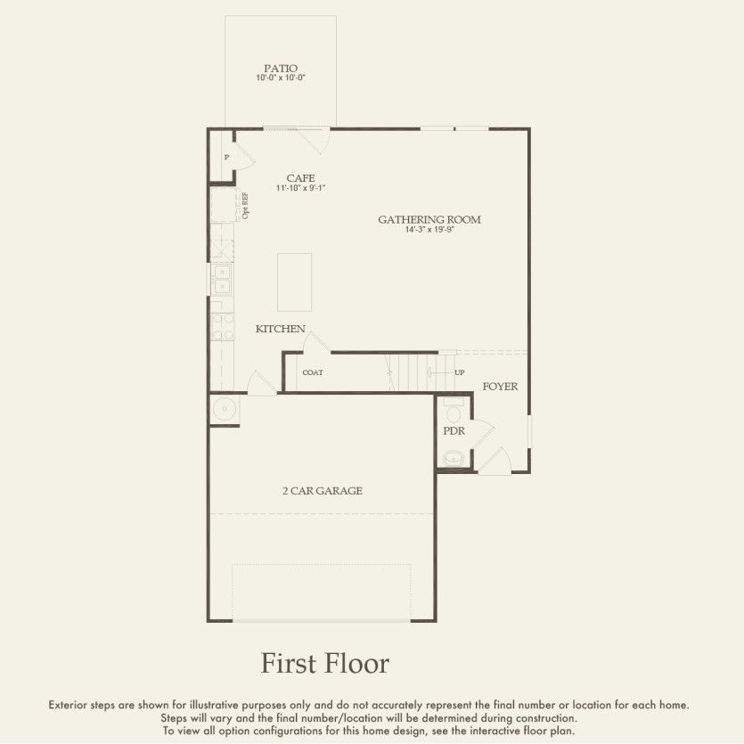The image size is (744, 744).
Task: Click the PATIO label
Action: click(281, 68)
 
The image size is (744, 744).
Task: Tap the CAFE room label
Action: click(300, 178)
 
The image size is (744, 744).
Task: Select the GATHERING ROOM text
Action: click(429, 219)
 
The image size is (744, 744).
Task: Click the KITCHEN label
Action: click(281, 329)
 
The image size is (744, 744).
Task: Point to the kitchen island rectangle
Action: click(295, 281)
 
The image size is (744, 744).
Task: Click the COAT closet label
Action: click(313, 372)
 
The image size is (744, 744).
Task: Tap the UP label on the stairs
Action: click(460, 372)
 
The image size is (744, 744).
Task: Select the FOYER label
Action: click(500, 387)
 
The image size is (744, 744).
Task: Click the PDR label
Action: click(454, 431)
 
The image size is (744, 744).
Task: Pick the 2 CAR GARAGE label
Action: click(323, 491)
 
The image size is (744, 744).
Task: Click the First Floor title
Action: click(324, 664)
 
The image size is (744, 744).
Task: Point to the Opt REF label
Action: click(245, 206)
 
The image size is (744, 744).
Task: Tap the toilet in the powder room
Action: click(453, 412)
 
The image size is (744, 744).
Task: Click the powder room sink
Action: click(454, 459)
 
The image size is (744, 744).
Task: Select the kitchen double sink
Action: click(221, 280)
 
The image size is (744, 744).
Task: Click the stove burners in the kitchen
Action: click(222, 326)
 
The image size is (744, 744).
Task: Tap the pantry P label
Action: click(226, 157)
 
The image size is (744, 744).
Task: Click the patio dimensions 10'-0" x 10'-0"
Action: click(281, 78)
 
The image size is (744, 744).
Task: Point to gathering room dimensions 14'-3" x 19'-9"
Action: click(429, 230)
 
